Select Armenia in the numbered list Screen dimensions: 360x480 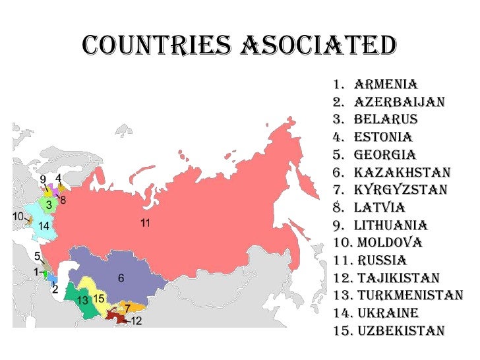tap(386, 84)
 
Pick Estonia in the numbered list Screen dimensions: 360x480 tap(383, 137)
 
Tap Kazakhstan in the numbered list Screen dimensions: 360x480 tap(402, 173)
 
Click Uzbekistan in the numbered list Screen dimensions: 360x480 tap(400, 330)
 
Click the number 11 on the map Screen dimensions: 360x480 tap(146, 222)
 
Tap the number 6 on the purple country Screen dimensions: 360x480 tap(121, 278)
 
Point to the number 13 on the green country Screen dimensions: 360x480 tap(82, 301)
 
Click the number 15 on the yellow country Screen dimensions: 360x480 tap(99, 298)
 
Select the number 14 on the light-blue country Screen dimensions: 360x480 tap(44, 226)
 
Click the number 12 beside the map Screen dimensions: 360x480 tap(136, 321)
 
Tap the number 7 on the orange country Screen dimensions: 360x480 tap(127, 308)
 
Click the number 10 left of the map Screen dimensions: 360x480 tap(18, 216)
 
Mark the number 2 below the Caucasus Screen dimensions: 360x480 tap(55, 289)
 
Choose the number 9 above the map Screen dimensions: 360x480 tap(42, 179)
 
